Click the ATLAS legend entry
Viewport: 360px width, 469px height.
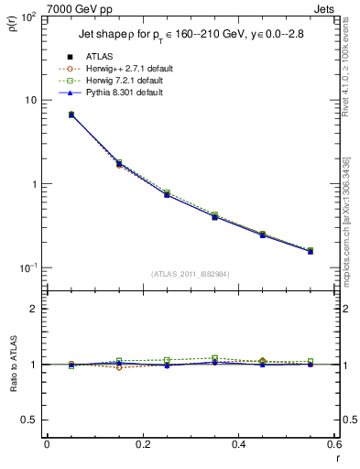point(99,58)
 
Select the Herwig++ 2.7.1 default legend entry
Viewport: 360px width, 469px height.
point(125,70)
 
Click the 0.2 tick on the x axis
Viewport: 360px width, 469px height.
point(143,444)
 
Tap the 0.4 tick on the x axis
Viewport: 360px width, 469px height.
point(238,444)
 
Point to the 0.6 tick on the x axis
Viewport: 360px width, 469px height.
point(334,444)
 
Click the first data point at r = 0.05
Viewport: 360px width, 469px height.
point(71,115)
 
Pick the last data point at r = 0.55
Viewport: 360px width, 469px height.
point(311,250)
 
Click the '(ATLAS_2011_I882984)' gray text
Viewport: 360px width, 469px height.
point(191,274)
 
